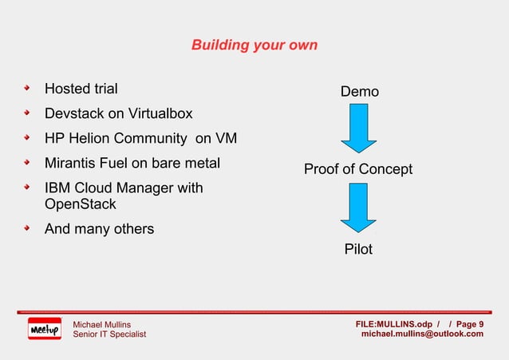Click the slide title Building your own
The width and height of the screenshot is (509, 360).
pyautogui.click(x=254, y=45)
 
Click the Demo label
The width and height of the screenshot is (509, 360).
pyautogui.click(x=360, y=92)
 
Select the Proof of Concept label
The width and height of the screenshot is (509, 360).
pyautogui.click(x=358, y=169)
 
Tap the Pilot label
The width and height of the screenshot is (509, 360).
pyautogui.click(x=358, y=250)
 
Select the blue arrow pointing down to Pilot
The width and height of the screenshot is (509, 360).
pyautogui.click(x=359, y=208)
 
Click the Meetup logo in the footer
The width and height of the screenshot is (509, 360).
pyautogui.click(x=44, y=329)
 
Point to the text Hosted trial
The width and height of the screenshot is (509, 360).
pyautogui.click(x=81, y=89)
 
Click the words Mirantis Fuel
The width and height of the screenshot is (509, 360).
pyautogui.click(x=85, y=164)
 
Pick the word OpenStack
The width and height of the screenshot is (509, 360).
pyautogui.click(x=81, y=204)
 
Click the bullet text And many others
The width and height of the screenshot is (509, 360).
pyautogui.click(x=99, y=229)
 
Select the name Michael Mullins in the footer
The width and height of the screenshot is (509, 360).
pyautogui.click(x=102, y=323)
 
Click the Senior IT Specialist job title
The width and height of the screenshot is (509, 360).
pyautogui.click(x=109, y=334)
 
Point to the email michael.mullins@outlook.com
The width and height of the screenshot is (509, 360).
pyautogui.click(x=422, y=334)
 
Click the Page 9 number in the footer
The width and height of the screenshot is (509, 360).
pyautogui.click(x=469, y=323)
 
